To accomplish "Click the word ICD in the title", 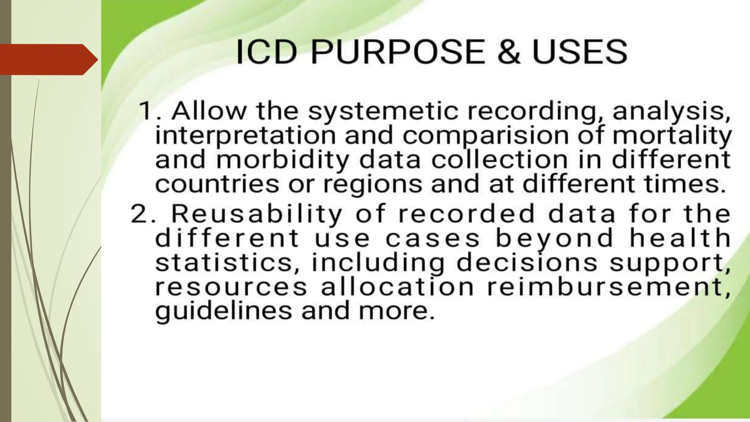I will click(266, 52).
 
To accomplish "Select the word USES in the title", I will click(580, 52).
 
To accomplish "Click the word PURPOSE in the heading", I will click(398, 52).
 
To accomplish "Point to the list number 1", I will click(146, 111).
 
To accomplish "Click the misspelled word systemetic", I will click(383, 111).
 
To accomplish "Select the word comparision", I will click(486, 136).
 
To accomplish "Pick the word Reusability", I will click(257, 214).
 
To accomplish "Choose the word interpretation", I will click(246, 136).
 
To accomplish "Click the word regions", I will click(373, 185).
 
